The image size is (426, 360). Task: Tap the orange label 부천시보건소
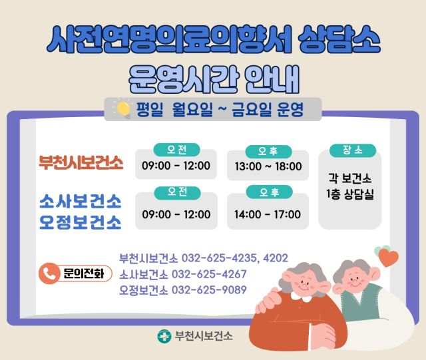tap(81, 162)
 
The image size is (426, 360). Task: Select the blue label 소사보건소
tap(80, 201)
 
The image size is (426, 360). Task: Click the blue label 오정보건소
tap(80, 221)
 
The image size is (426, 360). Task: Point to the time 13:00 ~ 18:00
tap(268, 166)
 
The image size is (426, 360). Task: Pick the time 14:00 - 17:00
tap(268, 214)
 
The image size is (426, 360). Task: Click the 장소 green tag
tap(352, 150)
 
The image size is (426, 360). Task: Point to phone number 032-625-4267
tap(209, 274)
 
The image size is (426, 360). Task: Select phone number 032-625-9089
tap(209, 290)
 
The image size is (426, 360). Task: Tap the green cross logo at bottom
tap(163, 337)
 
